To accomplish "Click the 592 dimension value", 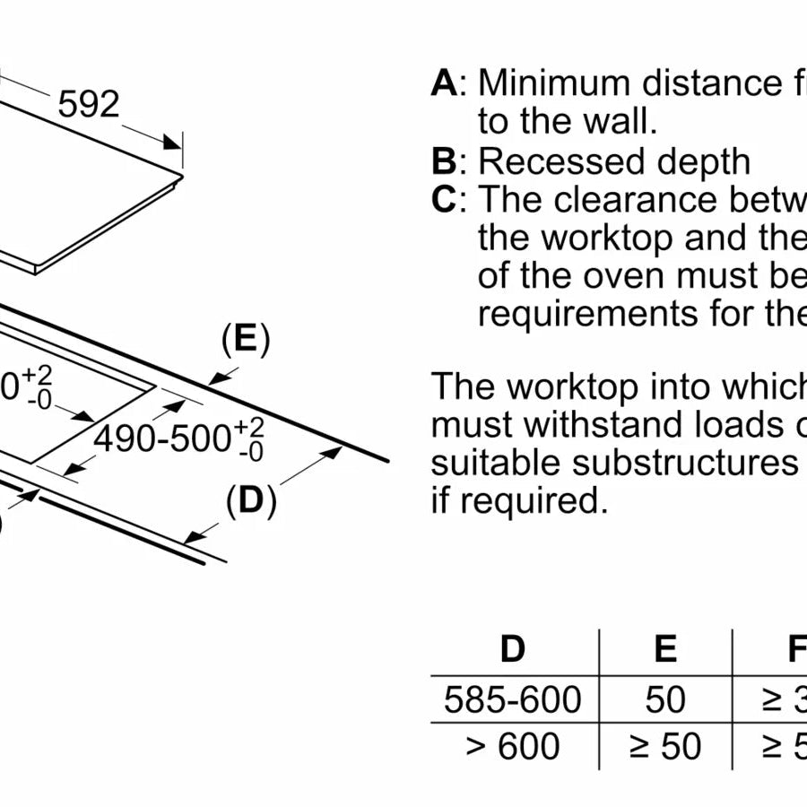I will coord(88,105).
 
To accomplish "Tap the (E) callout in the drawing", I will coord(245,341).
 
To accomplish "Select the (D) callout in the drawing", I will coord(250,502).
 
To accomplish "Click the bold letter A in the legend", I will coord(444,83).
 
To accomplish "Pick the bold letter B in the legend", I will coord(444,162).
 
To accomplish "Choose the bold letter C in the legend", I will coord(444,200).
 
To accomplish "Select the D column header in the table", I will coord(512,648).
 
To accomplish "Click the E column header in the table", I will coord(665,648).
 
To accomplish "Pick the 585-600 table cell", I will coord(512,699).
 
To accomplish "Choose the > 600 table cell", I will coord(512,746).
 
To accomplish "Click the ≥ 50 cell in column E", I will coord(665,746).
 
